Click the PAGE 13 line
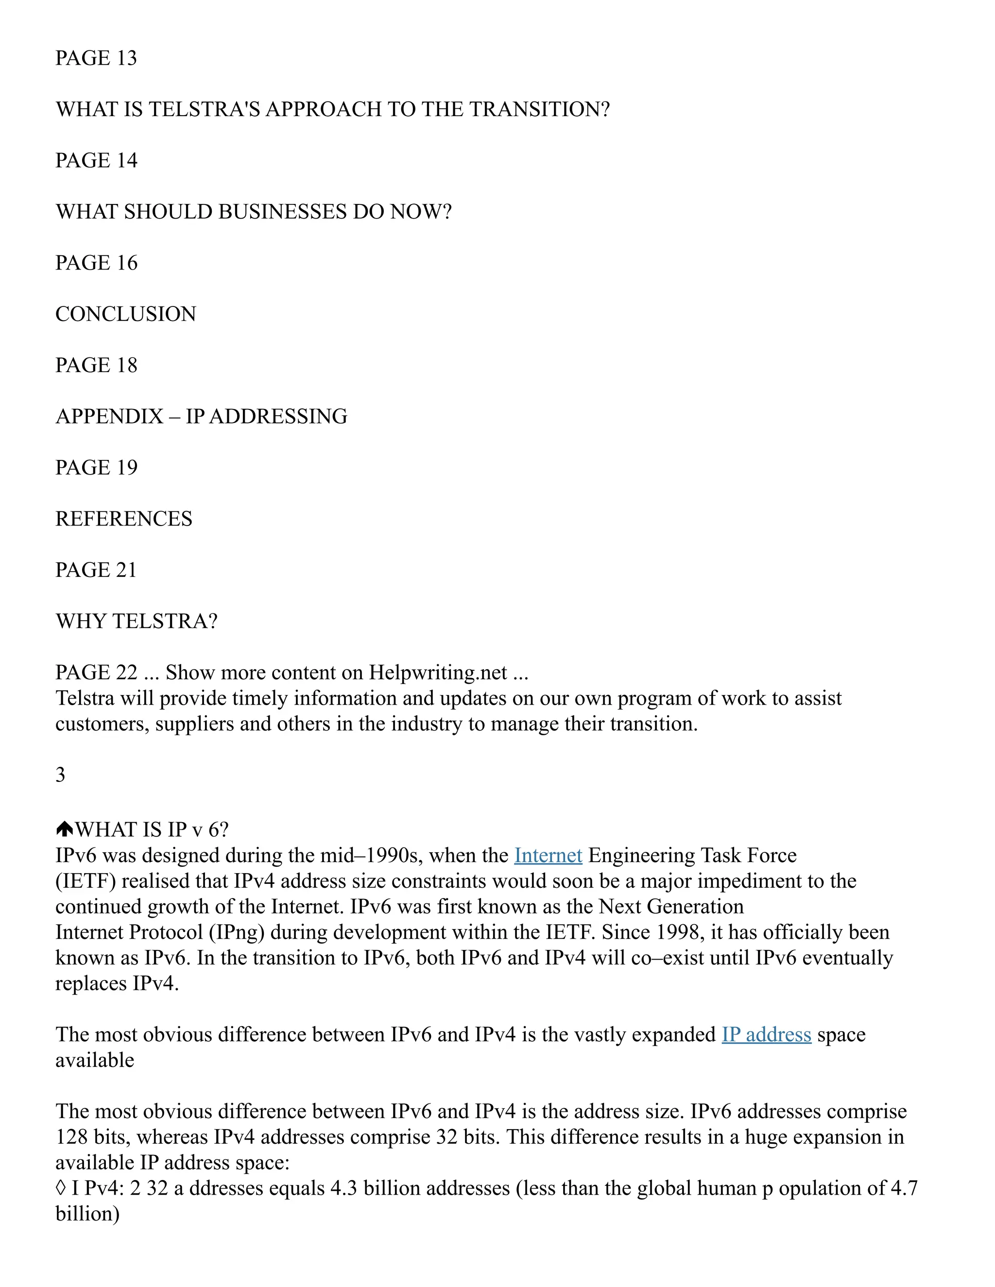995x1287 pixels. tap(96, 58)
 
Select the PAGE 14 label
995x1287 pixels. tap(96, 160)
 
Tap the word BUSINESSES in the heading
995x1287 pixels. tap(282, 212)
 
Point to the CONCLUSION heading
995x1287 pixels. tap(125, 314)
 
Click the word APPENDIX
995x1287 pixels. tap(109, 417)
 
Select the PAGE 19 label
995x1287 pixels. tap(96, 468)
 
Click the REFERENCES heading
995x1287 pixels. tap(124, 519)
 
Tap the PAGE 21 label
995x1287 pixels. tap(96, 570)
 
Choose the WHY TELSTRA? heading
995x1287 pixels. tap(137, 621)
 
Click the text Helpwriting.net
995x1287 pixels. tap(438, 672)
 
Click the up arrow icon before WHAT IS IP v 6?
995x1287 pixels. tap(64, 829)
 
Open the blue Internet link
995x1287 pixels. tap(548, 856)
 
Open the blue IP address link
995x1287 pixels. tap(766, 1035)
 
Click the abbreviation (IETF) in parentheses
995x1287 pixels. tap(86, 881)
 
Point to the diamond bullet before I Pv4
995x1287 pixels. tap(60, 1188)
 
